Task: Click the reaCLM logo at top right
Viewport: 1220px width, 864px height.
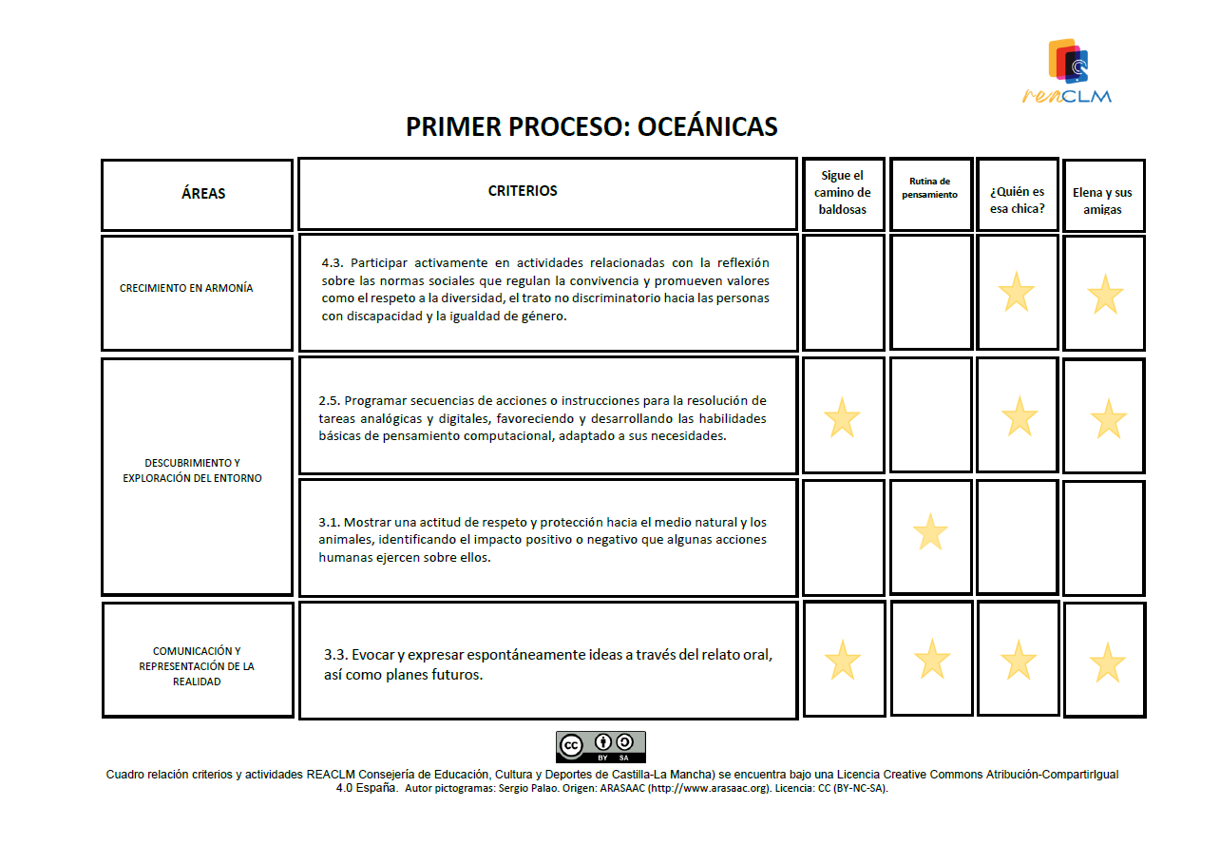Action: point(1068,70)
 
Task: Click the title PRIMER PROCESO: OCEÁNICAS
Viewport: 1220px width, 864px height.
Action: point(591,127)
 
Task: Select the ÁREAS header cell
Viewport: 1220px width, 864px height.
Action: point(202,194)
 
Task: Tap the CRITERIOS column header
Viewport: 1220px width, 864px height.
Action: point(523,191)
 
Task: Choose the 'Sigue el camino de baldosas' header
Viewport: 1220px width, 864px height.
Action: point(842,193)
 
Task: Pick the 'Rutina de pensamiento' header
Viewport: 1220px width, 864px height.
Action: point(930,188)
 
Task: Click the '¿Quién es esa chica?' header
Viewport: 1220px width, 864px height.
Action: point(1017,200)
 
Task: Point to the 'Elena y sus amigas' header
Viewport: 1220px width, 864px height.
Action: point(1102,201)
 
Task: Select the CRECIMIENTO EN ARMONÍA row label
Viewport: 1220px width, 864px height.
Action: point(186,288)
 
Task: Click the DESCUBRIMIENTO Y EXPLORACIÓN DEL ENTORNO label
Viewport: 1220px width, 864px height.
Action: point(192,470)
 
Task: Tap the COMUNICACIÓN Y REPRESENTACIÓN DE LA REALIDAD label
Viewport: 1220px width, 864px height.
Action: point(197,666)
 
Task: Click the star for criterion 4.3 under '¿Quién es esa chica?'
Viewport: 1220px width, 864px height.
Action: point(1017,292)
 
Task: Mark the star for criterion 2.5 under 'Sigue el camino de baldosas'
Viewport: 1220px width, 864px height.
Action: point(842,418)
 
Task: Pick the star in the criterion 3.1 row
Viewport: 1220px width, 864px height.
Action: point(930,532)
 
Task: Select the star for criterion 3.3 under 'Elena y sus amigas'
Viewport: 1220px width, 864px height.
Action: point(1107,662)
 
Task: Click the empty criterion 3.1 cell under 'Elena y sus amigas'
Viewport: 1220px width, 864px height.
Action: point(1103,537)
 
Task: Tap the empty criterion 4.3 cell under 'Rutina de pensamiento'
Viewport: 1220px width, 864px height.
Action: point(931,292)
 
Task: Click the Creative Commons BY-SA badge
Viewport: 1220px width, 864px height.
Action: point(600,746)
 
